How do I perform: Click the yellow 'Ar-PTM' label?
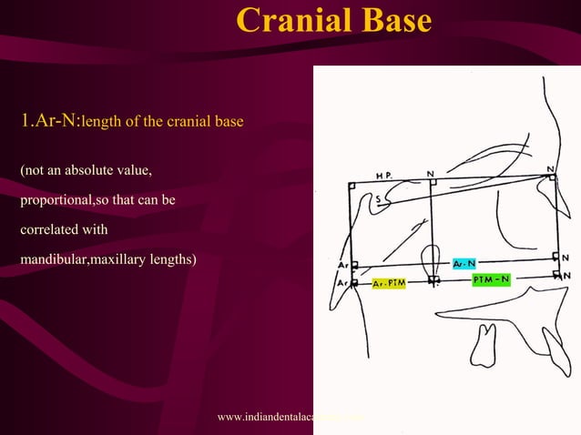(390, 284)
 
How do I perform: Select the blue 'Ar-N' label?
(465, 264)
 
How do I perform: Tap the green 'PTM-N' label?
(491, 280)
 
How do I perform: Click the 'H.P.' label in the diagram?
(385, 175)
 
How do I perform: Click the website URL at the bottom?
(291, 418)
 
